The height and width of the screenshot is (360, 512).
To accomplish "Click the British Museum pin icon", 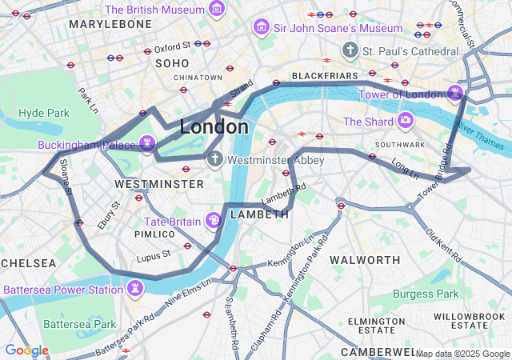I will pyautogui.click(x=216, y=10).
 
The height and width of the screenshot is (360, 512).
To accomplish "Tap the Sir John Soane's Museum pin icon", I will pyautogui.click(x=261, y=28).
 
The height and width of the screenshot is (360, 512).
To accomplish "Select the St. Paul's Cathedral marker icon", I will pyautogui.click(x=349, y=51).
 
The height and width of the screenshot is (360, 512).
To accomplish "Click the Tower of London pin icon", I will pyautogui.click(x=455, y=94).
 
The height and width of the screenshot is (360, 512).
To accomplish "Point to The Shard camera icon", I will pyautogui.click(x=406, y=122).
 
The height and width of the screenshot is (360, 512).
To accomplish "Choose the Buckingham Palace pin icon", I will pyautogui.click(x=146, y=144).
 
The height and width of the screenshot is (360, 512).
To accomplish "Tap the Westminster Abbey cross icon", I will pyautogui.click(x=214, y=159).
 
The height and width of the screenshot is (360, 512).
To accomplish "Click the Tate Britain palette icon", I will pyautogui.click(x=214, y=220).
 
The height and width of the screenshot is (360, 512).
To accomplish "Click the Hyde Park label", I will pyautogui.click(x=44, y=113).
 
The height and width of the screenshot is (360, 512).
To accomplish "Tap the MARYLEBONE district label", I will pyautogui.click(x=110, y=24).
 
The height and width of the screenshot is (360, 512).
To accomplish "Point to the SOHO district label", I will pyautogui.click(x=172, y=62).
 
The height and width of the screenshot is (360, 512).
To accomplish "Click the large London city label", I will pyautogui.click(x=214, y=126).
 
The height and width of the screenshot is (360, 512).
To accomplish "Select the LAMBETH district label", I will pyautogui.click(x=259, y=214).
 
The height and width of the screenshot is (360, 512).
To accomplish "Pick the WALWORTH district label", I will pyautogui.click(x=365, y=260).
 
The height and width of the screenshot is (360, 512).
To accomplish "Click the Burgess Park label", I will pyautogui.click(x=426, y=294).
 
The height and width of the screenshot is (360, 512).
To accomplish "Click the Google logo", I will pyautogui.click(x=26, y=350).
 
